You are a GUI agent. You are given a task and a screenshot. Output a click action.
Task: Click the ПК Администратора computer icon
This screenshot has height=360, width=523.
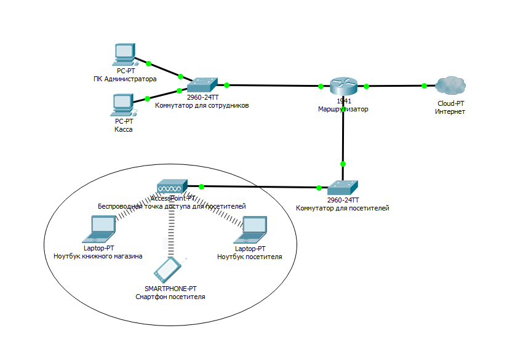click(x=125, y=55)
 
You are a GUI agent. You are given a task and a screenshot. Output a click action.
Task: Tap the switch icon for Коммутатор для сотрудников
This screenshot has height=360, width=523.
click(x=202, y=85)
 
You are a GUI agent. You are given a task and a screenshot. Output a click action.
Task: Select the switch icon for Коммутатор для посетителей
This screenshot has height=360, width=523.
click(x=342, y=188)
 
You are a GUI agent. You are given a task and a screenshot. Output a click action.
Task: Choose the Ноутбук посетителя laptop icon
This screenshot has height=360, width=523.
click(x=254, y=229)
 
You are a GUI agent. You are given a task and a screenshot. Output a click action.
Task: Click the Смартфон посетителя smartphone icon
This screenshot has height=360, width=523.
click(x=169, y=269)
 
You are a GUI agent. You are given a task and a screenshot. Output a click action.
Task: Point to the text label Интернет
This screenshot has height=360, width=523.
click(x=450, y=112)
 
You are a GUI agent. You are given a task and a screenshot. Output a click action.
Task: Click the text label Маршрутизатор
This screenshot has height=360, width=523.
click(x=343, y=109)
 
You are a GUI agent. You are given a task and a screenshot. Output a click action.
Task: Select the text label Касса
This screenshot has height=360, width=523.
click(x=124, y=130)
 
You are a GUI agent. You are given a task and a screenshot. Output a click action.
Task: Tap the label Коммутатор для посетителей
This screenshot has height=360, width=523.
click(x=343, y=208)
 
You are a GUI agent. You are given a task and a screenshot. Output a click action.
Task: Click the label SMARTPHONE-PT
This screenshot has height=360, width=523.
click(x=170, y=289)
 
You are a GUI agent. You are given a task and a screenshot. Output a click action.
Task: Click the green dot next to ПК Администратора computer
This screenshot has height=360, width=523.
click(x=149, y=63)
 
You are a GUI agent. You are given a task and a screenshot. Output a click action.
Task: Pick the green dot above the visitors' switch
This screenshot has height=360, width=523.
click(x=343, y=164)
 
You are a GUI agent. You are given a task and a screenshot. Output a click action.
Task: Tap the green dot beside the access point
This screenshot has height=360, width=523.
click(x=202, y=185)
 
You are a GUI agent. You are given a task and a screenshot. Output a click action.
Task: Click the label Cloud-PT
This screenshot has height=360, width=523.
click(x=450, y=104)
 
